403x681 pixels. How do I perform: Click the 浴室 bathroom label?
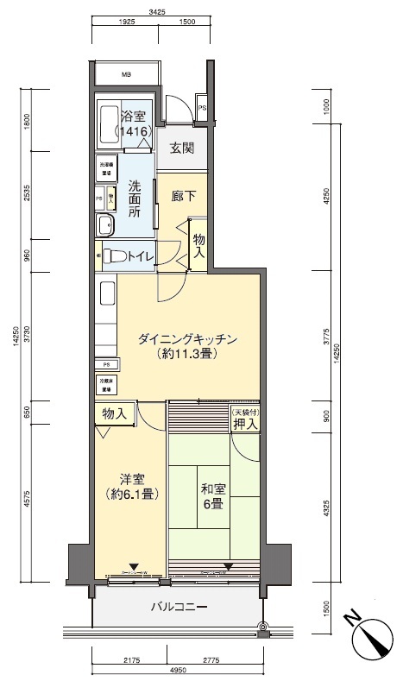(x=135, y=117)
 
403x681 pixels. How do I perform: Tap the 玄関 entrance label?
(x=181, y=148)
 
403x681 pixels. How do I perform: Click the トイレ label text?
(x=141, y=255)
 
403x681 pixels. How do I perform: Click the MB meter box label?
(x=125, y=73)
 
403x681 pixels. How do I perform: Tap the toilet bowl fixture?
(x=113, y=256)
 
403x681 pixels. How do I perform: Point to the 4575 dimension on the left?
(x=28, y=500)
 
